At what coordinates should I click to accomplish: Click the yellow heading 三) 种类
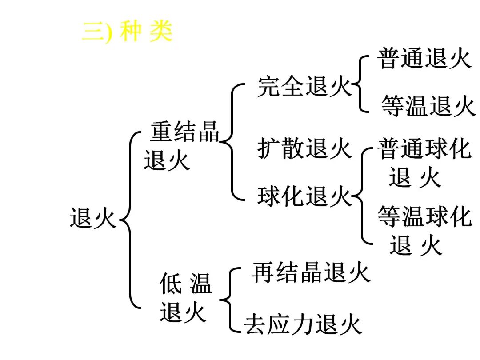click(127, 32)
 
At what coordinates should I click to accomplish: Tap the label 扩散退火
click(305, 148)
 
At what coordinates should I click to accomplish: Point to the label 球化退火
click(305, 196)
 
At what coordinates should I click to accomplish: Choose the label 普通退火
click(424, 58)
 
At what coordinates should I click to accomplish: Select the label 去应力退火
click(303, 324)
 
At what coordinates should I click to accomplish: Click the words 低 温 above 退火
click(186, 284)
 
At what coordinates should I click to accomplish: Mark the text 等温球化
click(424, 217)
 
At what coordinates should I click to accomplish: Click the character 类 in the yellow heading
click(160, 32)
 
